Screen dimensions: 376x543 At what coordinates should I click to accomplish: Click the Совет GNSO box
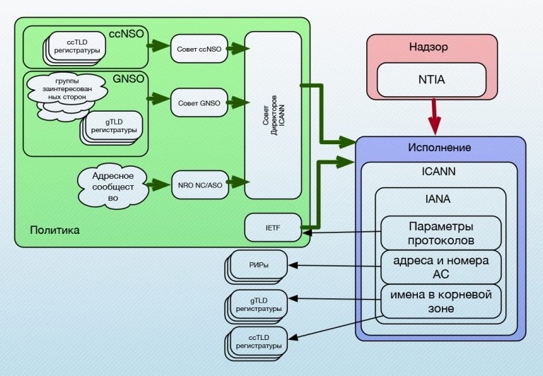tap(196, 103)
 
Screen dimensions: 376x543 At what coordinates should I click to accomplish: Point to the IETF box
tap(273, 227)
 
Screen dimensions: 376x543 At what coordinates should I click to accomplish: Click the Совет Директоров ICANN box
tap(273, 115)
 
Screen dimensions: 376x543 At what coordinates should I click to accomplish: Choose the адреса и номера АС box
tap(441, 266)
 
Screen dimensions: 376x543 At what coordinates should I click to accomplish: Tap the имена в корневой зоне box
tap(441, 300)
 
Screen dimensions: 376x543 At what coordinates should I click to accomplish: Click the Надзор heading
tap(429, 47)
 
